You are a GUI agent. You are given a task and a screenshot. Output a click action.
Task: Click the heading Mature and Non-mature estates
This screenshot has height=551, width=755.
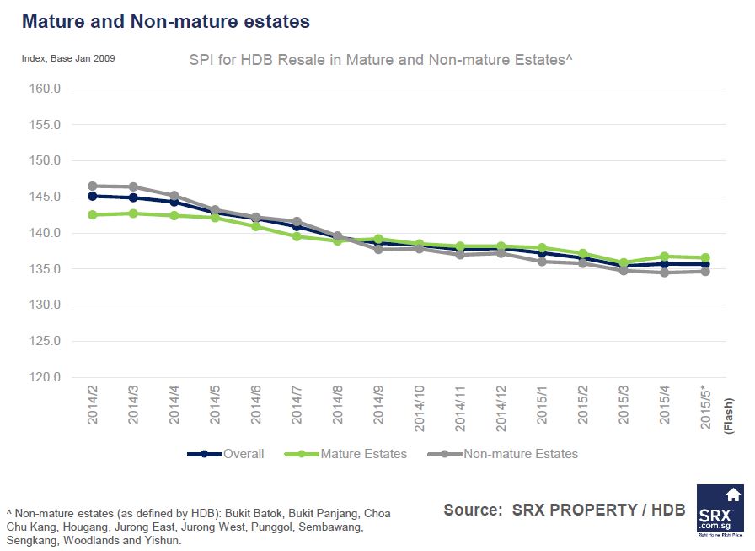click(x=165, y=21)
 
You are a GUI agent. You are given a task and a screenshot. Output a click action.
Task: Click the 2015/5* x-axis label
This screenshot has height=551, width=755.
click(x=705, y=408)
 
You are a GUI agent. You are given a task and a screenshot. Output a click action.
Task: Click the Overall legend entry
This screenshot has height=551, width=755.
click(x=243, y=454)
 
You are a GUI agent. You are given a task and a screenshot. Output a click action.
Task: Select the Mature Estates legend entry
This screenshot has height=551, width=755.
click(x=363, y=454)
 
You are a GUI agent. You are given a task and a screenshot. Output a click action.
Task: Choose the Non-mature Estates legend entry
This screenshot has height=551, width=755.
click(x=520, y=454)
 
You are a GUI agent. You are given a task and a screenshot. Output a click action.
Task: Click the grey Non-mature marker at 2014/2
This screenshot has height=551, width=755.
click(x=93, y=186)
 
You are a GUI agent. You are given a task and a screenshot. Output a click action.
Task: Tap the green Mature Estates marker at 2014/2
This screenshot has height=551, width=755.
click(x=93, y=215)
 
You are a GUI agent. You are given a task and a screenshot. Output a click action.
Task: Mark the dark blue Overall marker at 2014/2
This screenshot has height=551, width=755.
click(x=93, y=196)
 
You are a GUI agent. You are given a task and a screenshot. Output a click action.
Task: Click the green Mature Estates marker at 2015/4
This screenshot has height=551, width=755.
click(x=665, y=257)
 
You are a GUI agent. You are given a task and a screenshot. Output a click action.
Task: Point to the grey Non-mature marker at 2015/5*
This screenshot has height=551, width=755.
click(x=705, y=272)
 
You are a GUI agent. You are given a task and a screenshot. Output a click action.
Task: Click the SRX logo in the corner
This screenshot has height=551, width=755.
click(x=720, y=510)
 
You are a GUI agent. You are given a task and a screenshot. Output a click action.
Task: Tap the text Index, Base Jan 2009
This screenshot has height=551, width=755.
click(x=68, y=58)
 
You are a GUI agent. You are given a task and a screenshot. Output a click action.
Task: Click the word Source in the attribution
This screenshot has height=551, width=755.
click(x=472, y=510)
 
